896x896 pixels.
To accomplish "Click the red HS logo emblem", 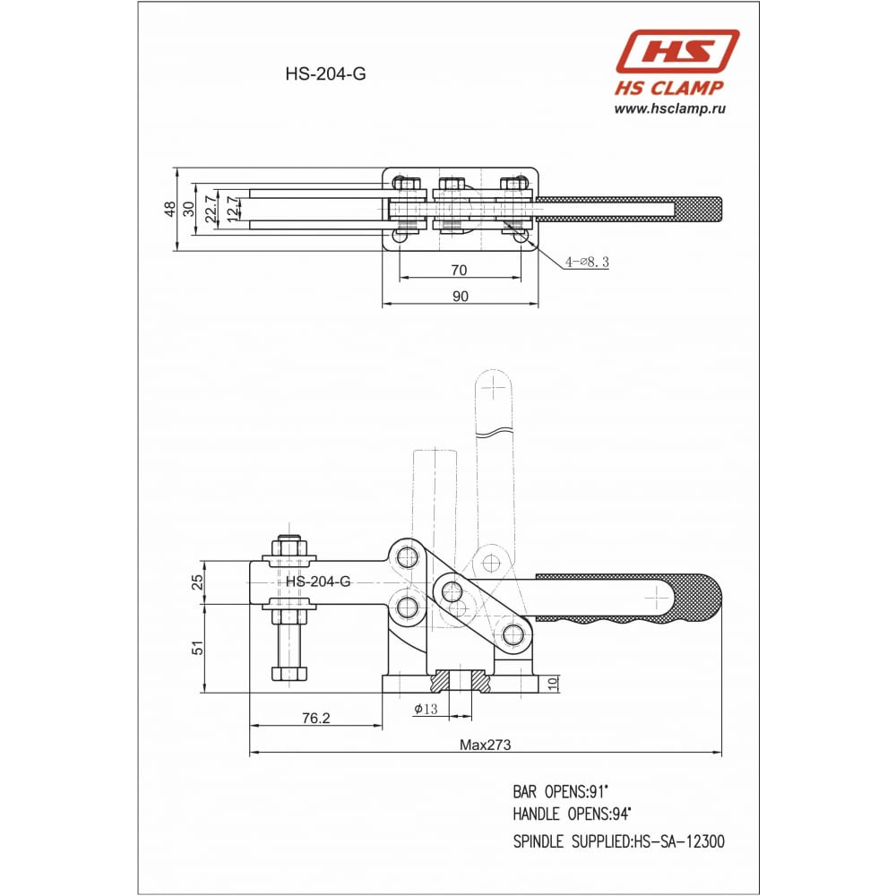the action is [x=677, y=51].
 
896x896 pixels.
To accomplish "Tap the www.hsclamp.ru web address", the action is [x=669, y=108].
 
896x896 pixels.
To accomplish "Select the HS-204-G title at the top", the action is [x=326, y=74].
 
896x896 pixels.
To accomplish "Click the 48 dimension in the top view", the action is [x=169, y=209].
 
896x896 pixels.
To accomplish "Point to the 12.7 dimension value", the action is [x=232, y=209].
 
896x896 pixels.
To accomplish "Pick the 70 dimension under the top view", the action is [x=459, y=271].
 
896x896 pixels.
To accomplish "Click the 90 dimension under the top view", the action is [x=460, y=297].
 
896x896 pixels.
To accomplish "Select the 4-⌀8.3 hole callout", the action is [x=587, y=263].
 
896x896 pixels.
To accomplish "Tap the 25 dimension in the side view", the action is [x=197, y=582].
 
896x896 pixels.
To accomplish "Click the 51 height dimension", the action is [x=197, y=648].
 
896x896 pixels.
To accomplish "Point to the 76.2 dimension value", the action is [x=316, y=719].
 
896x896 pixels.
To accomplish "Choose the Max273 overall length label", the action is [x=485, y=745].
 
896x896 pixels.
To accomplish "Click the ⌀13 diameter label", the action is [x=426, y=709].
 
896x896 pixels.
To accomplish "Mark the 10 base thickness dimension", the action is [x=553, y=684].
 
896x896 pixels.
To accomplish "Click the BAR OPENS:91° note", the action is [x=561, y=792].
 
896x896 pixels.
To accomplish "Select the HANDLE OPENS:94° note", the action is [x=572, y=814].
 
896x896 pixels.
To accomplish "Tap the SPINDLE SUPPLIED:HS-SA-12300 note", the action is [x=619, y=841].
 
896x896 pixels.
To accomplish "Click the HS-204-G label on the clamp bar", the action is [x=318, y=582].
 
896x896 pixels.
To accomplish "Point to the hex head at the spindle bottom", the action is [x=289, y=673].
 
